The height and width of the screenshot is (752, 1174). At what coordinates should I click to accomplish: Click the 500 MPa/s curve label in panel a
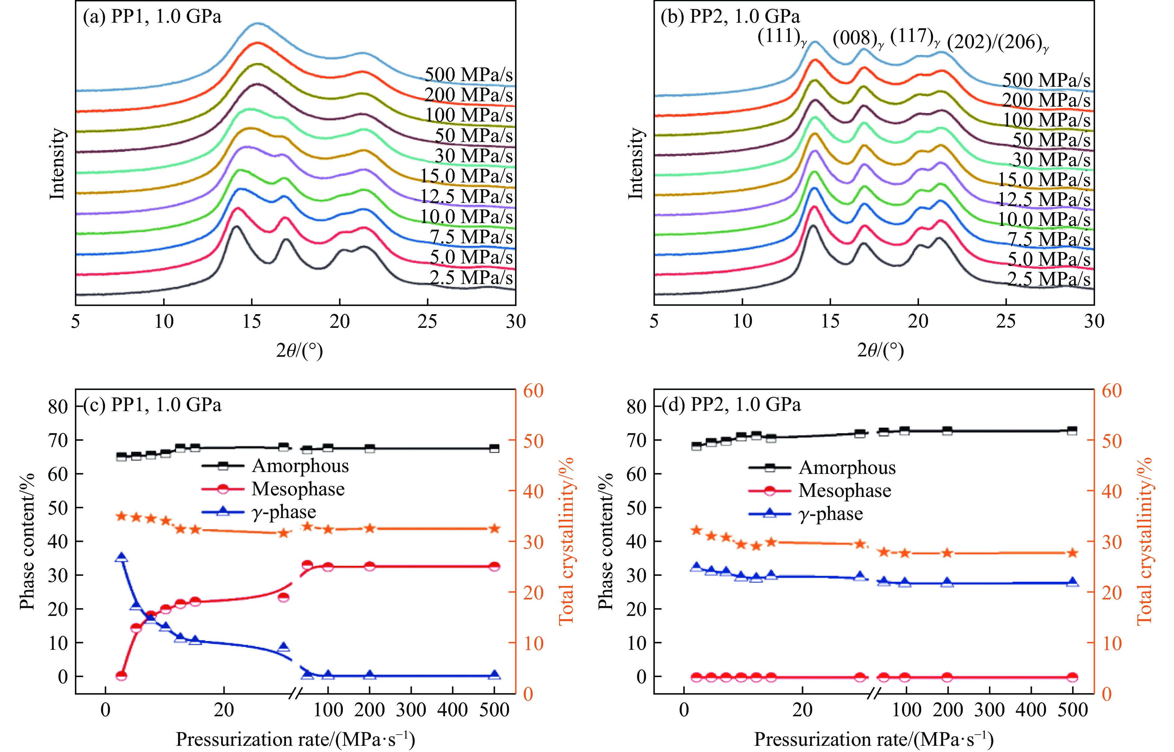(x=468, y=75)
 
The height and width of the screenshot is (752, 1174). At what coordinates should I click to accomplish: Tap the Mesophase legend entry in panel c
(x=298, y=489)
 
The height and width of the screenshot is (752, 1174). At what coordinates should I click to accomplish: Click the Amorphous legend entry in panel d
(x=847, y=468)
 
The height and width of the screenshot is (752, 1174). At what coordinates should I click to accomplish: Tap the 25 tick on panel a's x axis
(x=427, y=321)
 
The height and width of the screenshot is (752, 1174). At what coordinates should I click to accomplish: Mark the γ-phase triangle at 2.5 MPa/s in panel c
(x=121, y=558)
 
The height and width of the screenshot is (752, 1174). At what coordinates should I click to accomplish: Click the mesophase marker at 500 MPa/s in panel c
(x=494, y=566)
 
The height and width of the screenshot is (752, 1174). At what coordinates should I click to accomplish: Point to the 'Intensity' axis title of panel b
(x=635, y=163)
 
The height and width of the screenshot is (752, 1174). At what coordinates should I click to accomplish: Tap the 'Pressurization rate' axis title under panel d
(x=873, y=739)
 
